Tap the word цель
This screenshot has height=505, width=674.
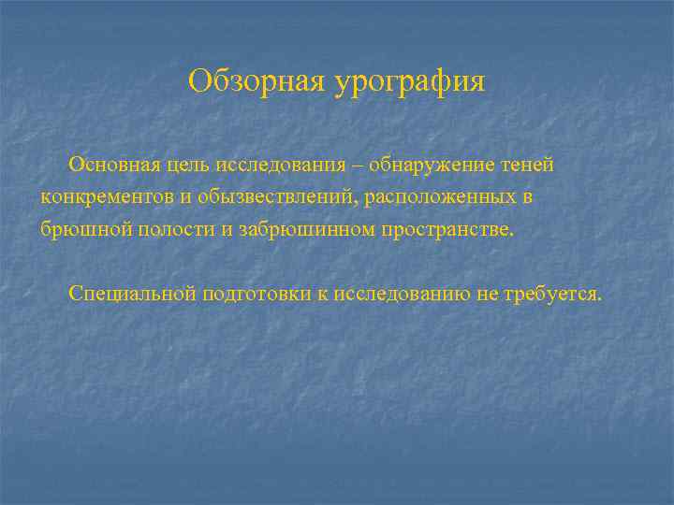[x=187, y=166]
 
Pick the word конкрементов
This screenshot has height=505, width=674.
[x=103, y=197]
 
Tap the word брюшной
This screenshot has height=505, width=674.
[x=78, y=230]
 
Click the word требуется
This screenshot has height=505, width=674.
[x=553, y=294]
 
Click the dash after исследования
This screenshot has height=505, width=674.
[x=359, y=166]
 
